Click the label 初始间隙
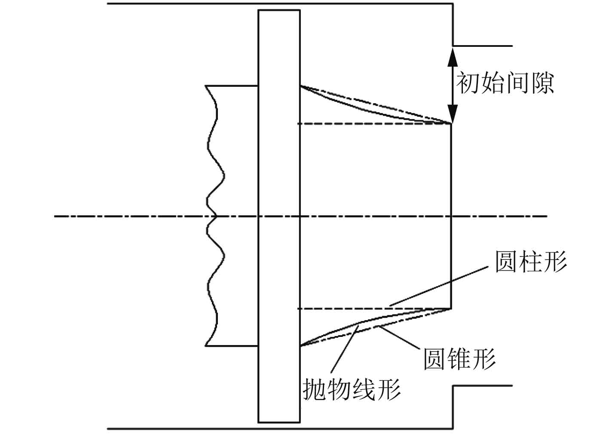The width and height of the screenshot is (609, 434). (505, 83)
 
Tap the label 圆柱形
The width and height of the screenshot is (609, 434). (531, 261)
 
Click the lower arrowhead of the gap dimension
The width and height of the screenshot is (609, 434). (451, 115)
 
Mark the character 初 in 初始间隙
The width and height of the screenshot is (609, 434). (468, 83)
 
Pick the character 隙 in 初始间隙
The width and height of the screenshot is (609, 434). (542, 83)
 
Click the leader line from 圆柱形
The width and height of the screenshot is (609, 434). (438, 286)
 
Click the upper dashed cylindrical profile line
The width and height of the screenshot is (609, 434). (374, 124)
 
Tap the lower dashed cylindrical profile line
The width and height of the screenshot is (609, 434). (344, 309)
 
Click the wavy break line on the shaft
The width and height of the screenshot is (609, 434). (215, 172)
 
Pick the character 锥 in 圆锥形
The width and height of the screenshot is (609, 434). (460, 358)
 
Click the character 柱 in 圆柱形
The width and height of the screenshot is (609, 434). (531, 261)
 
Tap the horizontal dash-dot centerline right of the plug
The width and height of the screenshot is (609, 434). (499, 216)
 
